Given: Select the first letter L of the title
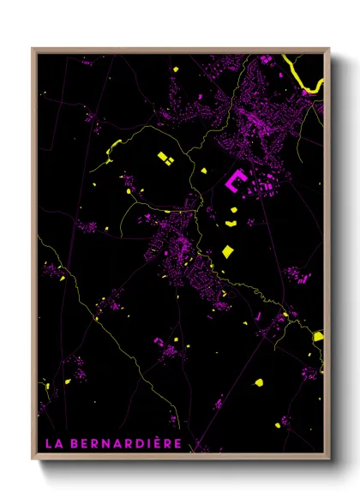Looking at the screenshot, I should pyautogui.click(x=47, y=444).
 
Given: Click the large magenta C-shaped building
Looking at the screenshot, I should pyautogui.click(x=236, y=181).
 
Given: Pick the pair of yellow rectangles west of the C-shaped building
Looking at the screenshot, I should pyautogui.click(x=165, y=158).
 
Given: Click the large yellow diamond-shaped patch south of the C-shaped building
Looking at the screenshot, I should pyautogui.click(x=227, y=251).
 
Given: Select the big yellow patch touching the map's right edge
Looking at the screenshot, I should pyautogui.click(x=318, y=336).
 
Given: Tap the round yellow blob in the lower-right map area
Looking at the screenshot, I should pyautogui.click(x=258, y=381).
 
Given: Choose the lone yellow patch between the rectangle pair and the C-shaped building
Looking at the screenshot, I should pyautogui.click(x=204, y=171).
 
